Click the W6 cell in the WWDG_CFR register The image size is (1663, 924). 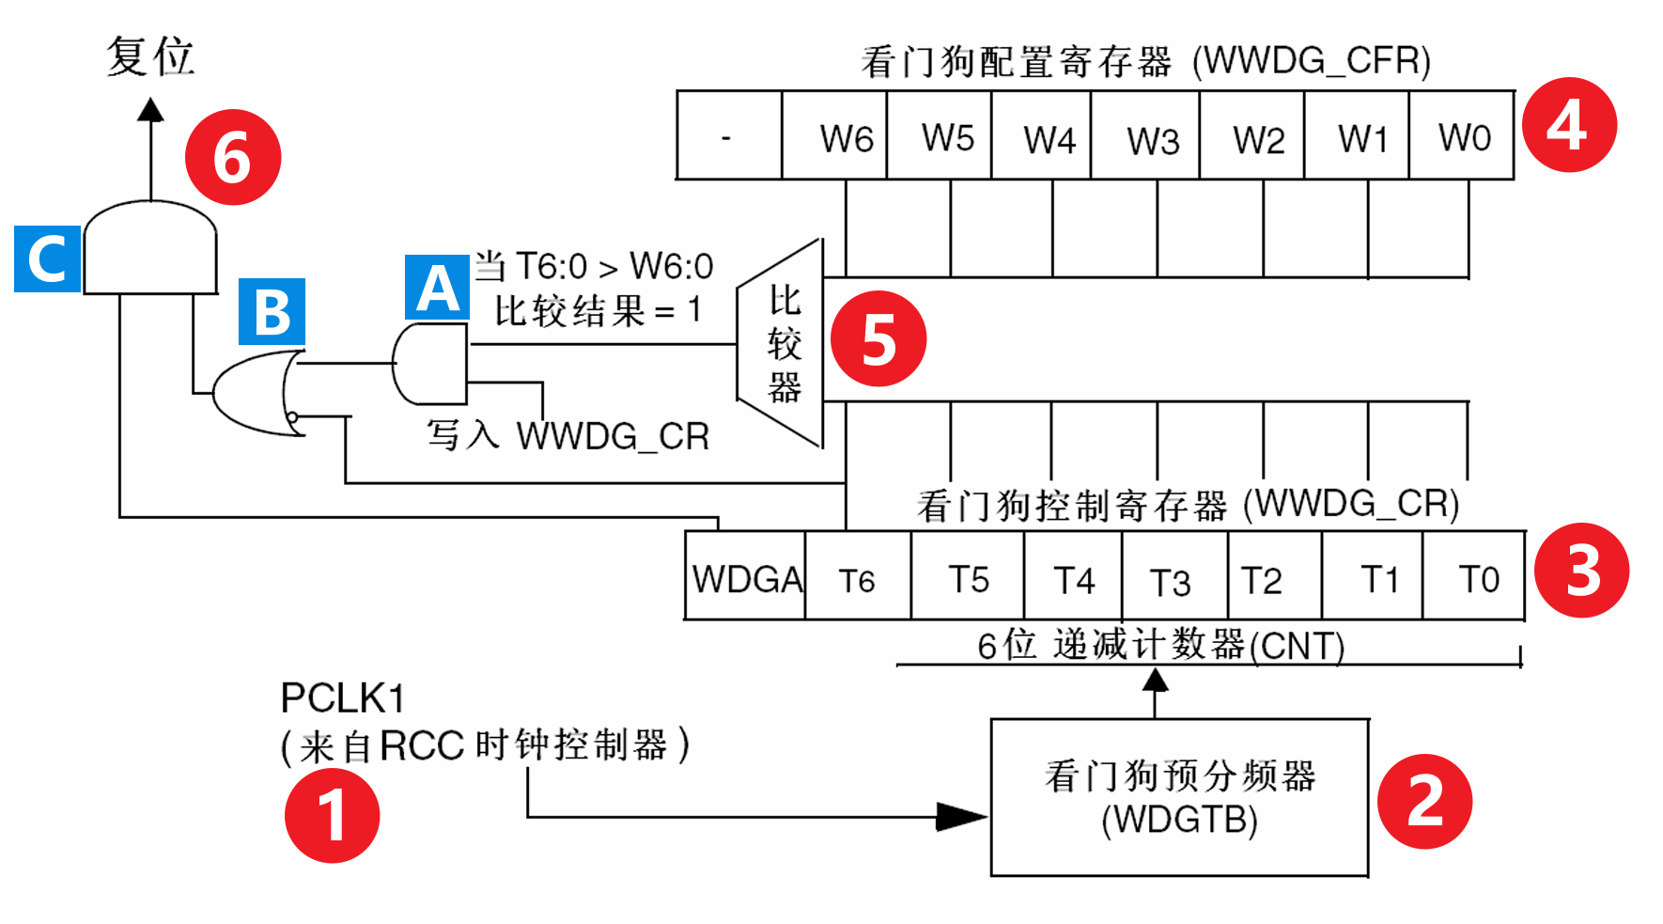(x=834, y=135)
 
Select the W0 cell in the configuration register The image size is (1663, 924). (x=1462, y=135)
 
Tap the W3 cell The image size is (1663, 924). (x=1145, y=135)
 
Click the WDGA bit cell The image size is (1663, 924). (x=745, y=575)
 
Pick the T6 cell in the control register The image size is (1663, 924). (x=858, y=575)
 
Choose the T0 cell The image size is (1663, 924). (x=1474, y=575)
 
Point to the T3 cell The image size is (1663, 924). (x=1174, y=575)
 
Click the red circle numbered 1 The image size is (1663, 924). (x=333, y=815)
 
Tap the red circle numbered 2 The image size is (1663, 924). (x=1424, y=801)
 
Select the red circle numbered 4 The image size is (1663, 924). (x=1568, y=125)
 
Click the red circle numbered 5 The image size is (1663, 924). (x=878, y=339)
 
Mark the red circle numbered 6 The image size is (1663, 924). (x=233, y=157)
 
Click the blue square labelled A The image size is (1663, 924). (x=437, y=288)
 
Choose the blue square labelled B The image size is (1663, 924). (x=272, y=311)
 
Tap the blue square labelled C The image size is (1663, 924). (x=47, y=258)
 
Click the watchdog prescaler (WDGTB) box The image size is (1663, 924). (x=1180, y=798)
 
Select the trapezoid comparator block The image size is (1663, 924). (x=781, y=343)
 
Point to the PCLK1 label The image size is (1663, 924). (x=343, y=698)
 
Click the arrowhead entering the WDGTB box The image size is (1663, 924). (x=962, y=817)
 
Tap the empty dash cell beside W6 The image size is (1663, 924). (x=730, y=135)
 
